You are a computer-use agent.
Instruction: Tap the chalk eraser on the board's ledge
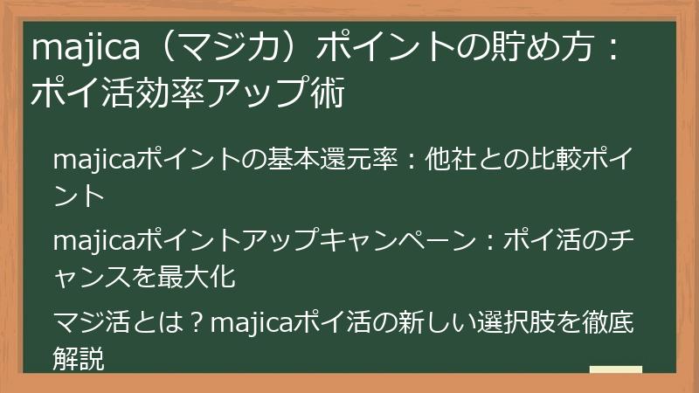pyautogui.click(x=615, y=369)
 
